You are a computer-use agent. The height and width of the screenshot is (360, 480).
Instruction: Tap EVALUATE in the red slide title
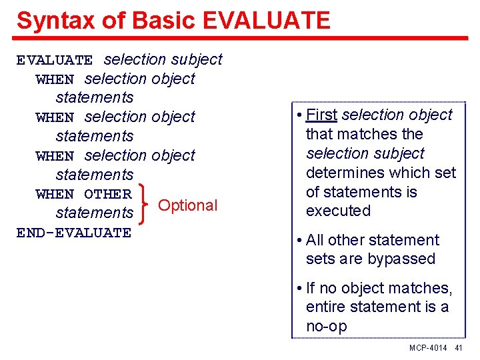265,21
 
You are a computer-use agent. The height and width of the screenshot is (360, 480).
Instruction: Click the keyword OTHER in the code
108,194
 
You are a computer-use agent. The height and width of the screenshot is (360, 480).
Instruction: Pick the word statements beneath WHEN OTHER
95,213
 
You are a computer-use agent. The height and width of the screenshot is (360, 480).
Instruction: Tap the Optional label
188,205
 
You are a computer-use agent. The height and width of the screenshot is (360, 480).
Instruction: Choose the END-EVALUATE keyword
74,233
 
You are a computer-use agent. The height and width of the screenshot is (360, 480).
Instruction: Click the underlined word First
321,115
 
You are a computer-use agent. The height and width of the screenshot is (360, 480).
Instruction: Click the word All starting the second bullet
317,240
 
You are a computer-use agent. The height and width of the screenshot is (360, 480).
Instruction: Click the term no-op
327,326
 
